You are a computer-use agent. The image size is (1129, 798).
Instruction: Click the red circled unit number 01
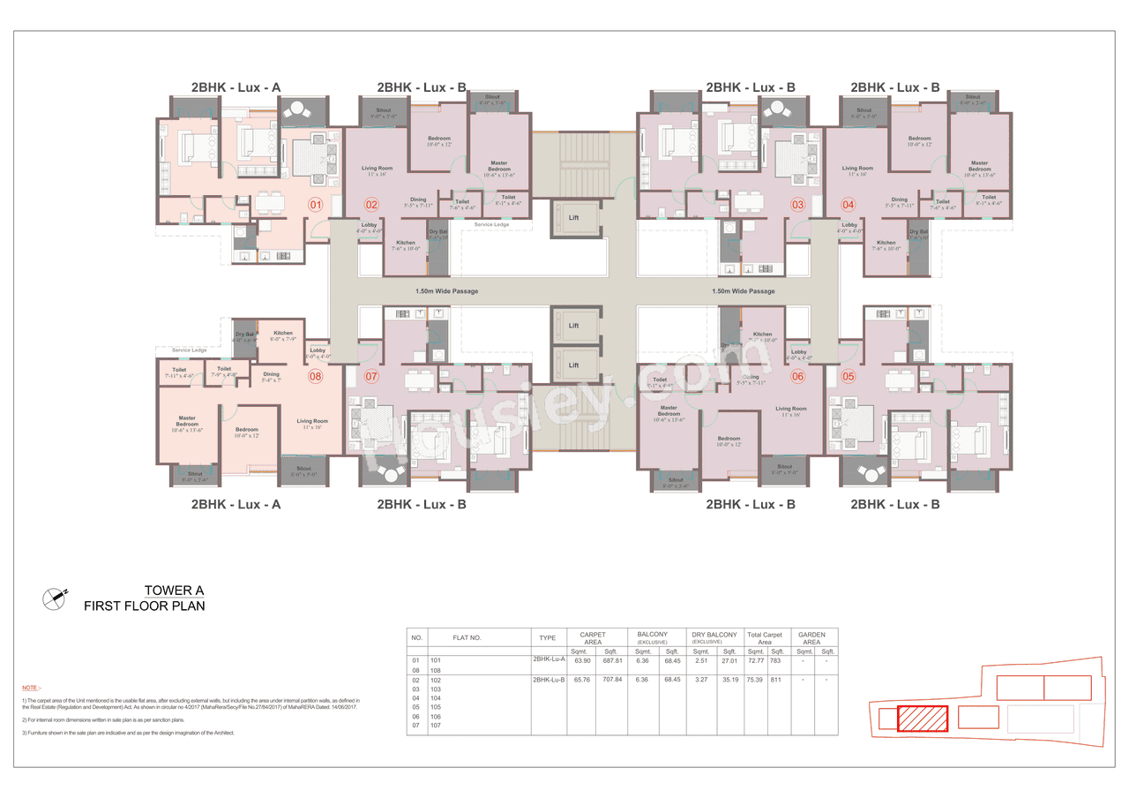[315, 205]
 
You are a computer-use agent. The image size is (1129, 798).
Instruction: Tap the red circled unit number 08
[315, 376]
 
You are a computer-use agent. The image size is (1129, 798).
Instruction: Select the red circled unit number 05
[849, 376]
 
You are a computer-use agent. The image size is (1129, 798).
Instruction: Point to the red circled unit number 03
[797, 205]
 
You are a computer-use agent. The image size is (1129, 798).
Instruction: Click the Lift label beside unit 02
[573, 217]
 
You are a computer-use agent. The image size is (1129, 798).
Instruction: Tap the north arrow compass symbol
[55, 598]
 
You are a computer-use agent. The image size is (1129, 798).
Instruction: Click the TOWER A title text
[175, 591]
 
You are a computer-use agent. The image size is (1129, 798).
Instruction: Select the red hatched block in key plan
[923, 719]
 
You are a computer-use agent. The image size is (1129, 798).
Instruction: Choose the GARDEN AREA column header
[811, 638]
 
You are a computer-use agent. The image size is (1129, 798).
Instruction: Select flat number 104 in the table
[435, 697]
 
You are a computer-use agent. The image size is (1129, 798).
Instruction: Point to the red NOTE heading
[31, 688]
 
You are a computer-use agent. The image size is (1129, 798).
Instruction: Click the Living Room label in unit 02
[377, 168]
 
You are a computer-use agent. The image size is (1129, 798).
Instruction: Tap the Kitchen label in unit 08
[282, 333]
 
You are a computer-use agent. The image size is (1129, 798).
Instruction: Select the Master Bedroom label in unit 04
[979, 166]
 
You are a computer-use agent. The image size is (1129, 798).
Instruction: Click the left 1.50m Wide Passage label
[446, 290]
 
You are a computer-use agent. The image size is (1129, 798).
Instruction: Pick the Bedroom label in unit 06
[729, 439]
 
